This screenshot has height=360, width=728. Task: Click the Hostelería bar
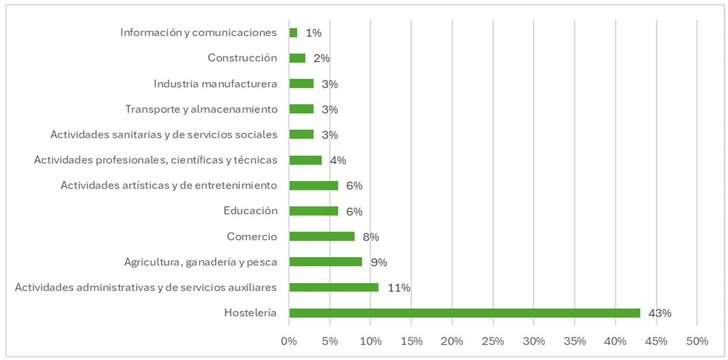tap(464, 313)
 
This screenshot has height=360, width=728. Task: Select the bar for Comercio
tap(322, 237)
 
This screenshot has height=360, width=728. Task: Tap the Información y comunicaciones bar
tap(293, 33)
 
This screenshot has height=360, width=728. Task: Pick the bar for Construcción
tap(297, 58)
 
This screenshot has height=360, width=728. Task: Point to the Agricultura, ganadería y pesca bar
tap(326, 262)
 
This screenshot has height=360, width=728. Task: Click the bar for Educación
tap(314, 211)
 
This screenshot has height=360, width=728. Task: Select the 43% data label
tap(660, 313)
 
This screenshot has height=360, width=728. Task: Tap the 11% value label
tap(399, 288)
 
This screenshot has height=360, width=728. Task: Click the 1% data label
tap(313, 33)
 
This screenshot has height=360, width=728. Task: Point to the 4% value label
tap(338, 160)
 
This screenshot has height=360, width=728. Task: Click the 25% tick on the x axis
tap(493, 341)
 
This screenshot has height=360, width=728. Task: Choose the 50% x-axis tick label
tap(697, 341)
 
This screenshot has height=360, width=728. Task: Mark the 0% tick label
tap(289, 341)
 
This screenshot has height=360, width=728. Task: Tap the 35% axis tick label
tap(575, 341)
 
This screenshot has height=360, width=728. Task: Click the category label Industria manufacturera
tap(215, 84)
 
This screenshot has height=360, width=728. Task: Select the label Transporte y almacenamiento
tap(201, 109)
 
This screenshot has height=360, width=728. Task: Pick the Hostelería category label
tap(250, 313)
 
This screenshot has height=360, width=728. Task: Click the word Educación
tap(251, 211)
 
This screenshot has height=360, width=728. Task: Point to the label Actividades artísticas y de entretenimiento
tap(169, 186)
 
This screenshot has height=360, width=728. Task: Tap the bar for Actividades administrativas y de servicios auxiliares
tap(334, 288)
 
